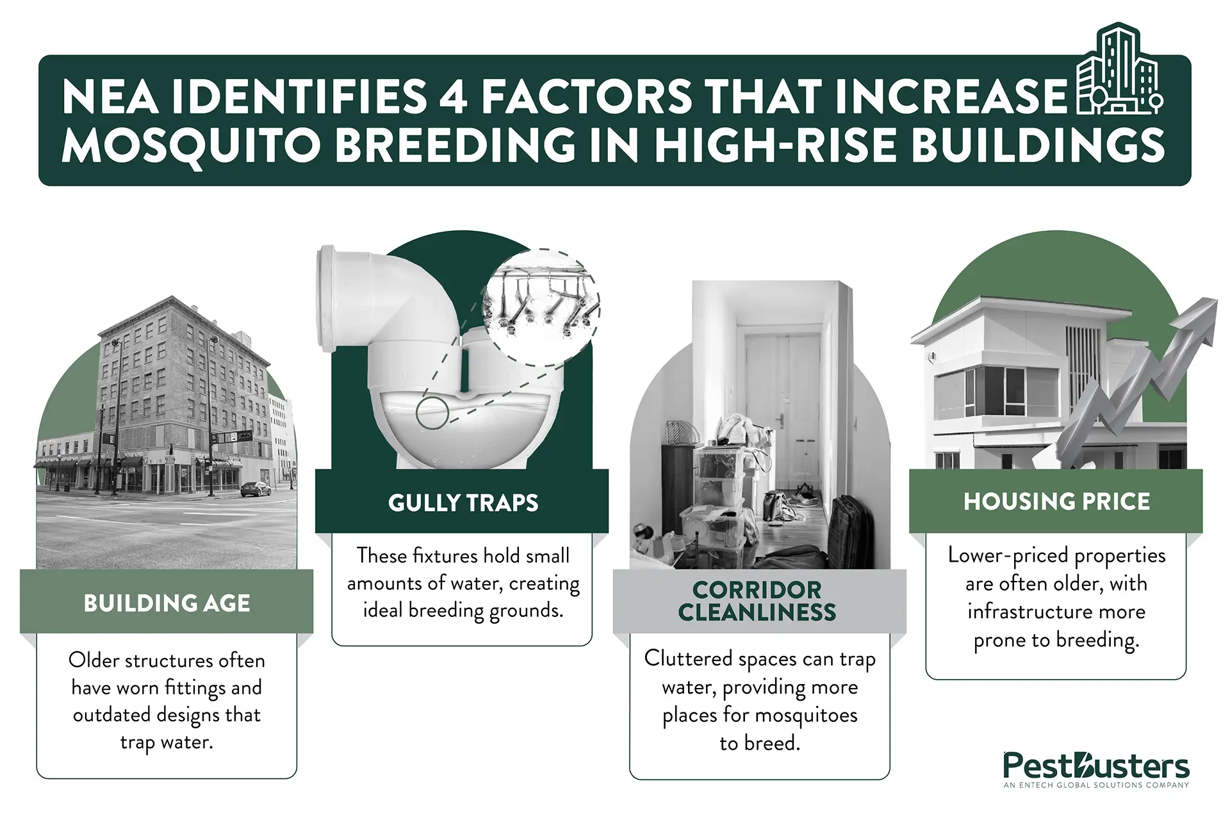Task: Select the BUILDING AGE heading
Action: click(x=167, y=603)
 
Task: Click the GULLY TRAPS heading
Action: click(x=463, y=503)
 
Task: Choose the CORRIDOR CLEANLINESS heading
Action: click(x=757, y=601)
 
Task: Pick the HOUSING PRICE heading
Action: click(x=1056, y=501)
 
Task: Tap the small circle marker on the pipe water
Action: click(x=432, y=414)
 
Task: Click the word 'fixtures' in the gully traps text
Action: click(x=445, y=555)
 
